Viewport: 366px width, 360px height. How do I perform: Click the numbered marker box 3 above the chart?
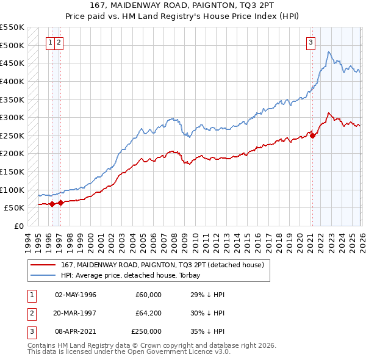[x=311, y=42]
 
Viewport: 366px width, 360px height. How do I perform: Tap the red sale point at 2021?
[x=313, y=135]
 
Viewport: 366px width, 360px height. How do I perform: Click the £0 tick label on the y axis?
[x=18, y=226]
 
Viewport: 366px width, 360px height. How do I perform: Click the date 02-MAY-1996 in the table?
[x=76, y=295]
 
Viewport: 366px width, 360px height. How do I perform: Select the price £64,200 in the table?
[x=148, y=313]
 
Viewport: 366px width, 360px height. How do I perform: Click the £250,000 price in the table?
[x=146, y=331]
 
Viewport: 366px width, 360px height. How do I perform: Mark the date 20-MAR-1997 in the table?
[x=76, y=313]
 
